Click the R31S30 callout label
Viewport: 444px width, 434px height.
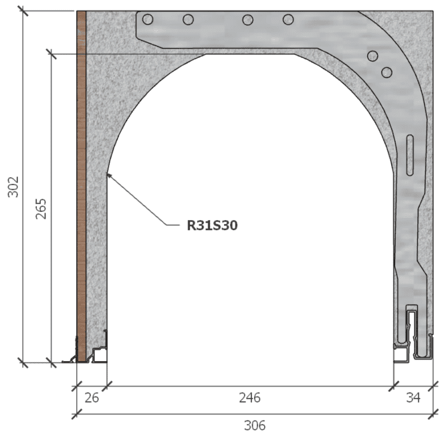point(212,225)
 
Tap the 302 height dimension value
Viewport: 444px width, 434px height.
point(13,187)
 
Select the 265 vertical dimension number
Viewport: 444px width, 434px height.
point(41,209)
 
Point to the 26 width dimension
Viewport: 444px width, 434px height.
point(92,398)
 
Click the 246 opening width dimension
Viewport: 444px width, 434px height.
point(250,398)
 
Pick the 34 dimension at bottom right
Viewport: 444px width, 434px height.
point(413,398)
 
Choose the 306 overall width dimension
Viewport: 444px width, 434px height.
point(255,425)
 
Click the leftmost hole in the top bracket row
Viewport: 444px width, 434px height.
point(148,19)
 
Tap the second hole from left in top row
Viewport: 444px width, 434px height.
point(189,20)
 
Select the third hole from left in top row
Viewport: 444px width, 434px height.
point(248,20)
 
